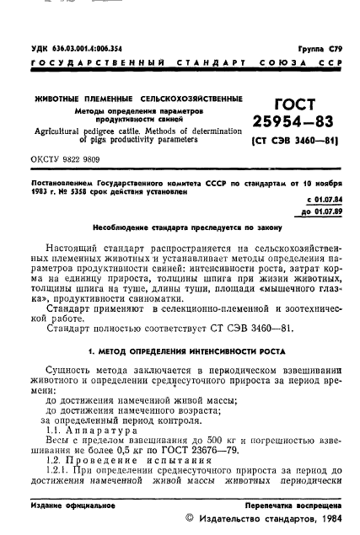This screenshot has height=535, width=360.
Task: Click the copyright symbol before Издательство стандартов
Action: [189, 519]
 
